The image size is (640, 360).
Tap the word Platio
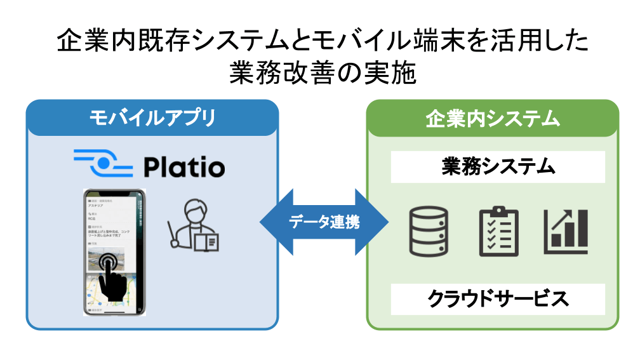183,168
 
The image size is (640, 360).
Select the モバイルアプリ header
152,117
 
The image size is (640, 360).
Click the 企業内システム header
493,117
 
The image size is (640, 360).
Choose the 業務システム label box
498,168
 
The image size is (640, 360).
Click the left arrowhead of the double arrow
272,222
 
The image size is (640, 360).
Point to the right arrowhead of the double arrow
377,222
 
